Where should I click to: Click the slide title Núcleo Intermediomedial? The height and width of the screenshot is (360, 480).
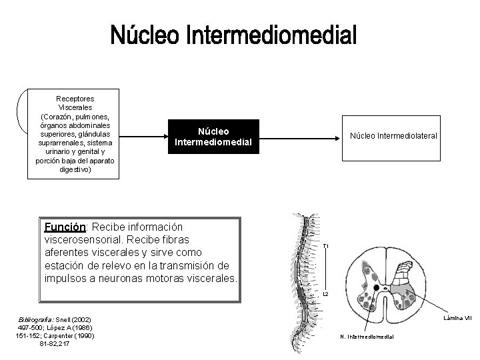coord(233,35)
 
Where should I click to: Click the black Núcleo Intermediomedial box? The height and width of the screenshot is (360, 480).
coord(213,136)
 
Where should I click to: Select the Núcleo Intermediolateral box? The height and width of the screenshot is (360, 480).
coord(393,136)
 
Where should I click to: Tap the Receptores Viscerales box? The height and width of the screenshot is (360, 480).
coord(74,134)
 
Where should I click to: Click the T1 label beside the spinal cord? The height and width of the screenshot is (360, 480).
coord(325,247)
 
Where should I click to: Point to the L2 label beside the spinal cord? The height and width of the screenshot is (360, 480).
coord(326,294)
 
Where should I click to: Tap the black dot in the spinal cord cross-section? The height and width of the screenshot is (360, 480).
coord(378,288)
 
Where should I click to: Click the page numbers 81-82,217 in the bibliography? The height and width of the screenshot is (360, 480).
coord(55,343)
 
